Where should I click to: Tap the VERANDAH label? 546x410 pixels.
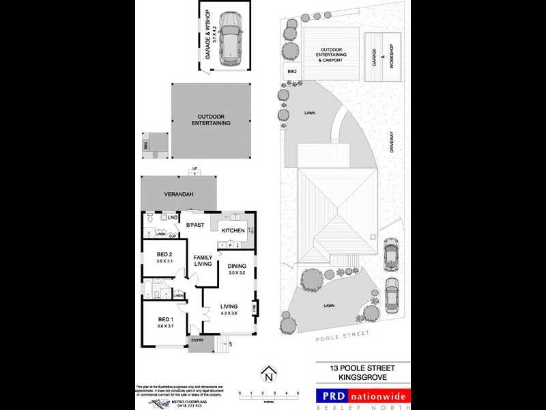(x=179, y=195)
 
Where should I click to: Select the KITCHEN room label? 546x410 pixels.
(x=233, y=231)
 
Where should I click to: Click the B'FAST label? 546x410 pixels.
(x=196, y=225)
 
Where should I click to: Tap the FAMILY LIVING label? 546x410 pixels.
(x=203, y=260)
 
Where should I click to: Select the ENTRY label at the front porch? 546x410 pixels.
(x=198, y=340)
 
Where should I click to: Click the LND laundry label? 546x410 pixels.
(x=163, y=218)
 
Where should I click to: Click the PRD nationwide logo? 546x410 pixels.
(x=363, y=396)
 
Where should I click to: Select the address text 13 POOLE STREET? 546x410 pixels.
(x=363, y=367)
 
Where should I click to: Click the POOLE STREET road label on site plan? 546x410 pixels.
(x=343, y=335)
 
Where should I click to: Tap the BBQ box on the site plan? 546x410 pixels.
(x=291, y=71)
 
